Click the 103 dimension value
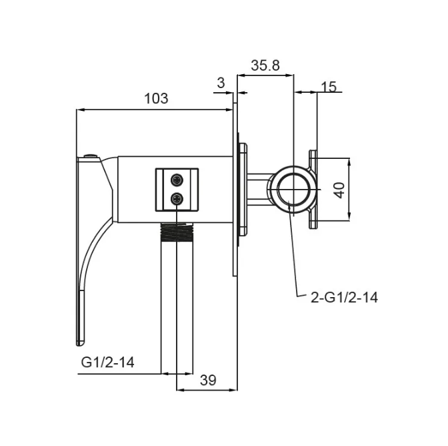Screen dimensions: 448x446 point(156,98)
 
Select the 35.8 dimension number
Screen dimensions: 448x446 point(265,65)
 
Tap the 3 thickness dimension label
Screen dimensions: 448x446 point(221,83)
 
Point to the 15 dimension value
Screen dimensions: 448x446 point(329,87)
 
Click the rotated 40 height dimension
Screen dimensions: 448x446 point(340,190)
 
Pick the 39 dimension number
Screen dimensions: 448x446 point(208,380)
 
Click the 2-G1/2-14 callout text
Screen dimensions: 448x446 point(344,298)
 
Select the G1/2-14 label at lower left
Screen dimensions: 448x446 point(107,362)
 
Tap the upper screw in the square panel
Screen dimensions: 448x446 point(177,180)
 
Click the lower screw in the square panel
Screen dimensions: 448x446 point(177,199)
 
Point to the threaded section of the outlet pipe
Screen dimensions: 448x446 point(177,232)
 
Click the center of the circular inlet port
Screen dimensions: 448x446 point(293,190)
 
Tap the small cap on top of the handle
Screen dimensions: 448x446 point(91,156)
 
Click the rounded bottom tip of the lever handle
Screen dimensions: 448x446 point(80,342)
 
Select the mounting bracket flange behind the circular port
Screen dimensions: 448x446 point(313,190)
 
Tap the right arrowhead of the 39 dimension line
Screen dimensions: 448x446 point(234,390)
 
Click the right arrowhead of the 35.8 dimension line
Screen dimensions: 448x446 point(290,75)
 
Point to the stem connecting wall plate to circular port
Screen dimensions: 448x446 point(259,190)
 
